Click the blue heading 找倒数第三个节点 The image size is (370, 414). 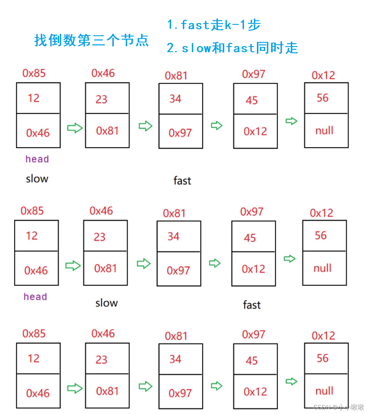(91, 41)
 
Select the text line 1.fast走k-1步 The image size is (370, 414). (213, 25)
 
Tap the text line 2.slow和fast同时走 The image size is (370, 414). (232, 48)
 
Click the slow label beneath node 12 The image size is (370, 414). (37, 179)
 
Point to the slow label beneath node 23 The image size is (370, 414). (106, 303)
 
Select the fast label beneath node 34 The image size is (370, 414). (182, 181)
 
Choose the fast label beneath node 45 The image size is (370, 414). (252, 305)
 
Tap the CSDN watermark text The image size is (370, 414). (338, 407)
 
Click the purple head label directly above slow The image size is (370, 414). (37, 159)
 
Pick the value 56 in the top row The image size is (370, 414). (322, 98)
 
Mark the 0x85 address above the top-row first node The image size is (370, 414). (34, 73)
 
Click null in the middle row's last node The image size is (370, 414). (322, 268)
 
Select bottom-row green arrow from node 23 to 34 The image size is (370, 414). (145, 386)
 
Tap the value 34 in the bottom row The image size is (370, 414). (175, 359)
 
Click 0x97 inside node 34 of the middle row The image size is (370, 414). (178, 270)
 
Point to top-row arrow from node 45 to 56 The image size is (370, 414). (292, 121)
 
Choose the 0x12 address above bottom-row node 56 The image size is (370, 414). (323, 336)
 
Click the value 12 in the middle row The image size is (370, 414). (32, 236)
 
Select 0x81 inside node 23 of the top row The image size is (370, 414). (107, 131)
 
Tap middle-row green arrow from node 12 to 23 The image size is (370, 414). (73, 266)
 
